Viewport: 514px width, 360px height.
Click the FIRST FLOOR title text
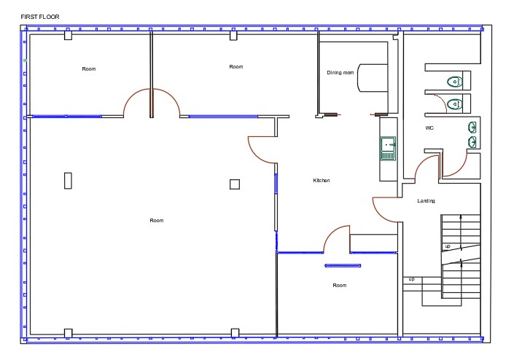[x=40, y=17]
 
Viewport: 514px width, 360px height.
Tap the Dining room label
[x=340, y=72]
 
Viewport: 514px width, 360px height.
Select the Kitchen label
[x=322, y=181]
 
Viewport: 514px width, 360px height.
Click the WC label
[x=429, y=128]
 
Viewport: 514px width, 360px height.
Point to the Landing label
[x=427, y=201]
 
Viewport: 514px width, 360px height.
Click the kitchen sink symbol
[x=388, y=149]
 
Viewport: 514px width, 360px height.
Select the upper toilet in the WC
[x=455, y=81]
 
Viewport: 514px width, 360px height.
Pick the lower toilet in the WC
[x=455, y=104]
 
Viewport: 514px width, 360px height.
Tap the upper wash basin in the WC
[x=472, y=127]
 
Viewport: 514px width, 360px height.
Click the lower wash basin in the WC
[x=472, y=142]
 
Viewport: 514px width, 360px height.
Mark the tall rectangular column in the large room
[x=68, y=181]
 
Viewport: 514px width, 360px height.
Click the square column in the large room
[x=235, y=184]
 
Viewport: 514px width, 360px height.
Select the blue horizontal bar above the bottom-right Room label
[x=343, y=266]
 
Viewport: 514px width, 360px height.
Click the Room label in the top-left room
[x=89, y=69]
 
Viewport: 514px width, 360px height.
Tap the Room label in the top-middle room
[x=236, y=67]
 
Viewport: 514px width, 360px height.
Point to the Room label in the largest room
[x=157, y=221]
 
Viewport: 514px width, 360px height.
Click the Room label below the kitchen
[x=340, y=286]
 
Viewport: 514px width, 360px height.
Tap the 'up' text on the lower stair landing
[x=412, y=279]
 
